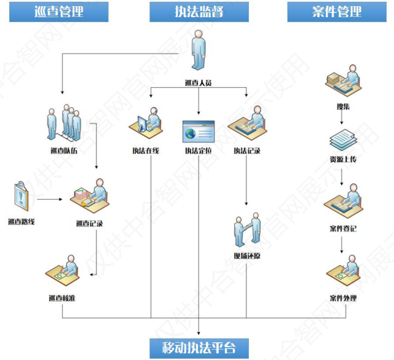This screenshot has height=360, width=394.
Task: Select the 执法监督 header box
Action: tap(199, 12)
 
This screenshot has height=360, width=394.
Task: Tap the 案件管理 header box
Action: tap(336, 12)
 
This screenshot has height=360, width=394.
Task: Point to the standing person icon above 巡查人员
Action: tap(199, 52)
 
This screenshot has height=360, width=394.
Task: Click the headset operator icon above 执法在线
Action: tap(146, 123)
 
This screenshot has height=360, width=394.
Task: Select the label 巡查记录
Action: tap(89, 224)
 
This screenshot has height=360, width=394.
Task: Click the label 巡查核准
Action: tap(61, 299)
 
